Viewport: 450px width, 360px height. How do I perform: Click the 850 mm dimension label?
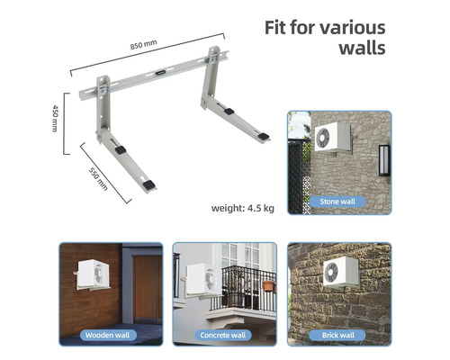click(143, 45)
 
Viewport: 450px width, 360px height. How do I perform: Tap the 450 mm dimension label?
click(55, 118)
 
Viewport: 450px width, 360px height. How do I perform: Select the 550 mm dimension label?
click(98, 179)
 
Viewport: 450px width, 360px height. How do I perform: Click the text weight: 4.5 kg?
click(243, 208)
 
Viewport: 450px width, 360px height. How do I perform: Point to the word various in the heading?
click(353, 28)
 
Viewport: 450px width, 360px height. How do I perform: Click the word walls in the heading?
click(363, 48)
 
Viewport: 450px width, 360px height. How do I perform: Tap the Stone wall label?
click(337, 202)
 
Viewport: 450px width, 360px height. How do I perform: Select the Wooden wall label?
click(107, 335)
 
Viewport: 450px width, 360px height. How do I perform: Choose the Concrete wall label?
click(223, 335)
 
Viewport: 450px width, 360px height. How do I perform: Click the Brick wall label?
click(338, 335)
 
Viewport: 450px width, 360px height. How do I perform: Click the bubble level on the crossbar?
click(160, 73)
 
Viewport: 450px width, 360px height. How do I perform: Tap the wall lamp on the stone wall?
click(383, 160)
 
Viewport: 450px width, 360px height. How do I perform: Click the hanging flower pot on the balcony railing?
click(268, 285)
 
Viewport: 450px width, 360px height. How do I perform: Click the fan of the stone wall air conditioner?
click(323, 138)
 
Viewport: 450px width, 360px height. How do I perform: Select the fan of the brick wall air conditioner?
click(331, 272)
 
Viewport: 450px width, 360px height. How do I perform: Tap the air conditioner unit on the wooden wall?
click(94, 274)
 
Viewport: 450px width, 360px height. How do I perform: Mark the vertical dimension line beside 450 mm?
click(65, 124)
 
